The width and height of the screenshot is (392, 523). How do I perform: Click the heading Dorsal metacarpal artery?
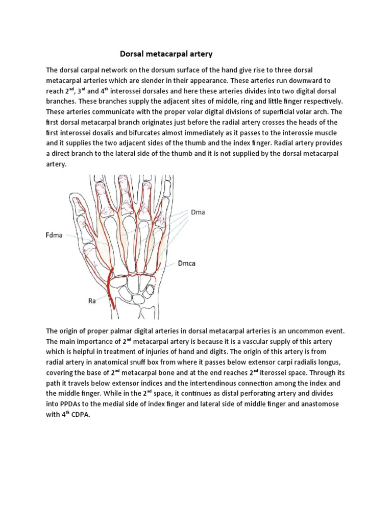pos(165,53)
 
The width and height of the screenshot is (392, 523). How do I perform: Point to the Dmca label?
pos(187,264)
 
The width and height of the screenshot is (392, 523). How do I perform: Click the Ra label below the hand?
pos(92,301)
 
